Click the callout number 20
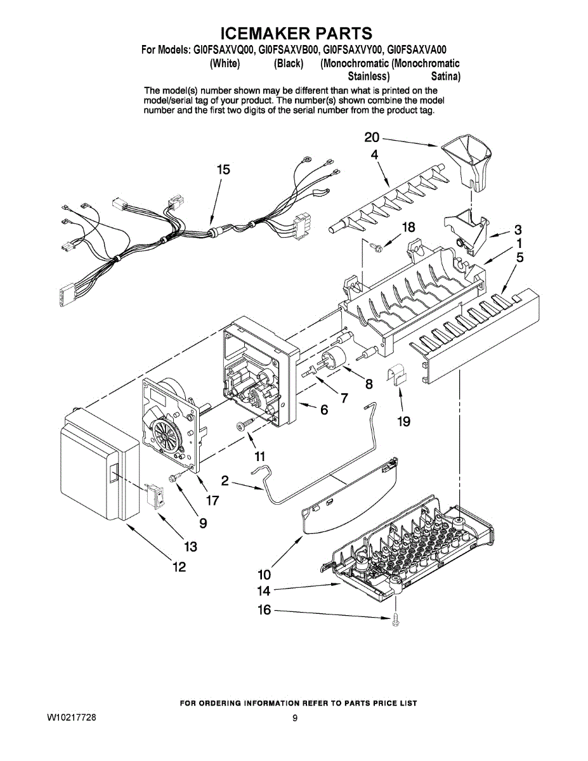pyautogui.click(x=371, y=138)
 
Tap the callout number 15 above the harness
pyautogui.click(x=223, y=170)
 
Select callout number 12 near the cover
pyautogui.click(x=180, y=567)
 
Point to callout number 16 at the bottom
pyautogui.click(x=264, y=610)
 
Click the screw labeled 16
pyautogui.click(x=396, y=620)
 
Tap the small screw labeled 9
pyautogui.click(x=173, y=476)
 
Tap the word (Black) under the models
pyautogui.click(x=289, y=63)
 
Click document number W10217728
pyautogui.click(x=72, y=718)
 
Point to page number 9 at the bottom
pyautogui.click(x=295, y=719)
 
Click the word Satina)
pyautogui.click(x=446, y=77)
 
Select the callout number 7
pyautogui.click(x=344, y=398)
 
